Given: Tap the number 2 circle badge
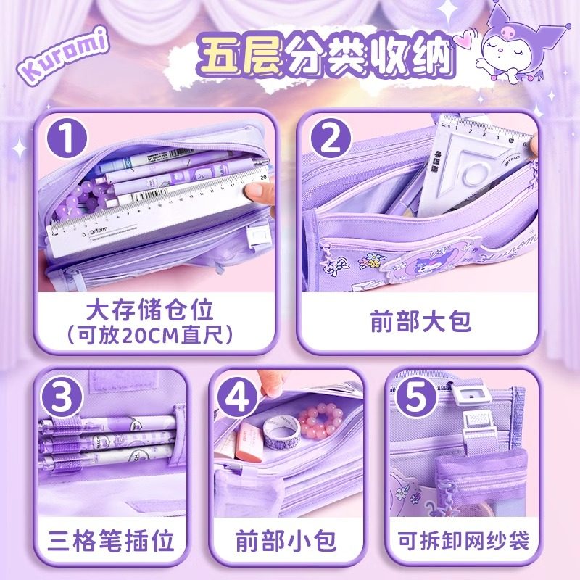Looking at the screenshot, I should coord(330,138).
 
